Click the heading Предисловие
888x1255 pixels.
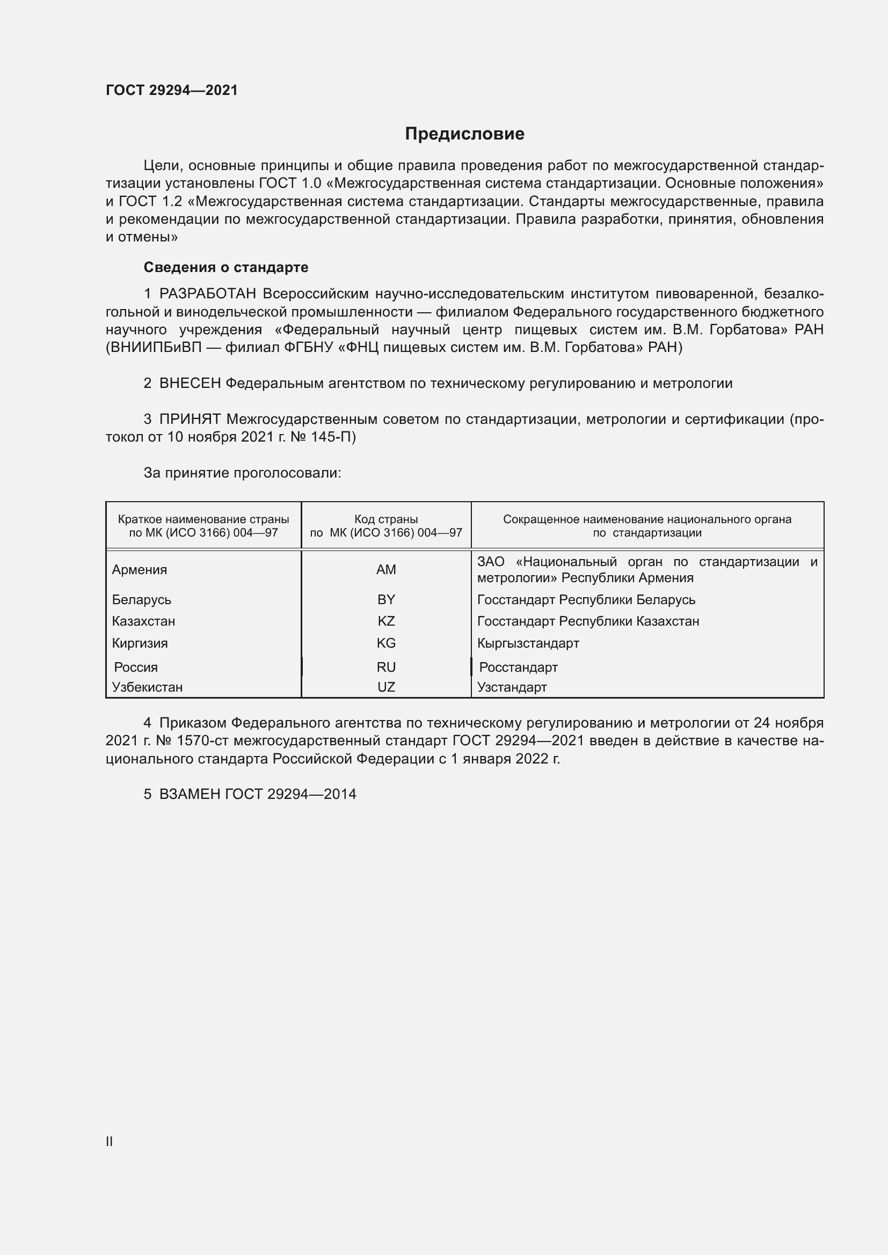[464, 134]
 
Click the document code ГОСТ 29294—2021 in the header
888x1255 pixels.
[172, 90]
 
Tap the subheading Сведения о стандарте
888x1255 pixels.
[226, 267]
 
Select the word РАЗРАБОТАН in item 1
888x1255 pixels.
[208, 294]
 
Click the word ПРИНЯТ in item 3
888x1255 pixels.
[190, 419]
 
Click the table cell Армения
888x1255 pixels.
[140, 570]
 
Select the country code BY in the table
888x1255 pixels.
[386, 600]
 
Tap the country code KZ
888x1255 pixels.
[386, 621]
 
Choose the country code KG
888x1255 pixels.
[386, 643]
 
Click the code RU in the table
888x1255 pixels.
[386, 667]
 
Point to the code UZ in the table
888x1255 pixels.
[386, 687]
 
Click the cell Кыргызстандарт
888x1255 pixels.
[528, 643]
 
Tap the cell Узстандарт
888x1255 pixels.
[512, 687]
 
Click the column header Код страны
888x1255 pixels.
[386, 519]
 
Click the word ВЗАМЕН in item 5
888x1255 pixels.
[190, 794]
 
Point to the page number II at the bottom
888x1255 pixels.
[110, 1141]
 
